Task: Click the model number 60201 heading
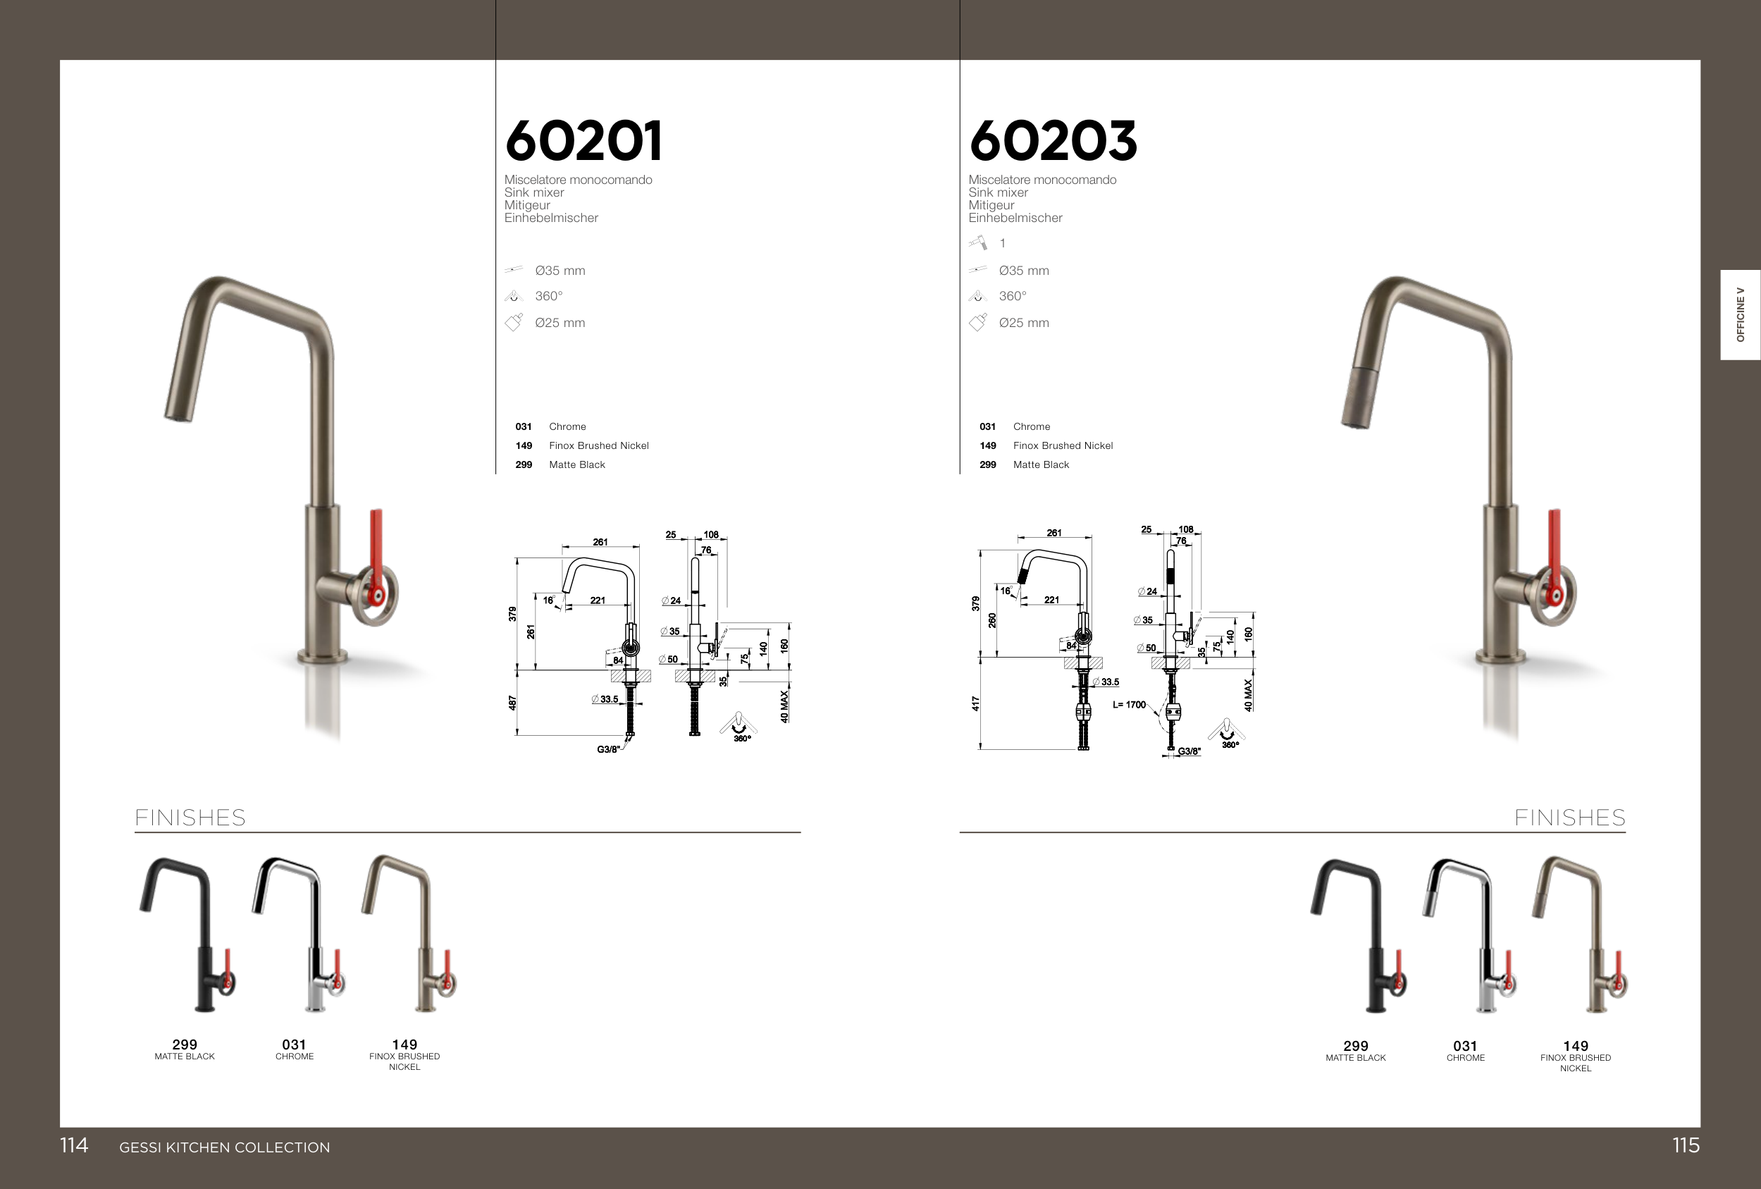[583, 141]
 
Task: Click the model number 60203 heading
[1053, 141]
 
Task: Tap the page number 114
[74, 1145]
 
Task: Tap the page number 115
[1686, 1145]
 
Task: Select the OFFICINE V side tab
[1741, 314]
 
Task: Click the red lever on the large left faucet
[376, 553]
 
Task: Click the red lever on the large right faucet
[1555, 553]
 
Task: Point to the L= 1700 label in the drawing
[1129, 705]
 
